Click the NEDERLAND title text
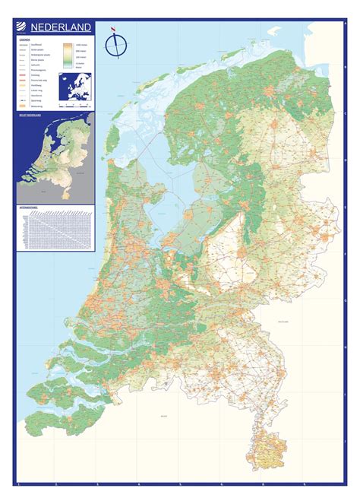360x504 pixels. tap(62, 28)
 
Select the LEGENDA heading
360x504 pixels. tap(24, 40)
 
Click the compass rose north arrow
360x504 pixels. tap(115, 43)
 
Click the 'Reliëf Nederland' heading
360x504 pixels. tap(28, 116)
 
